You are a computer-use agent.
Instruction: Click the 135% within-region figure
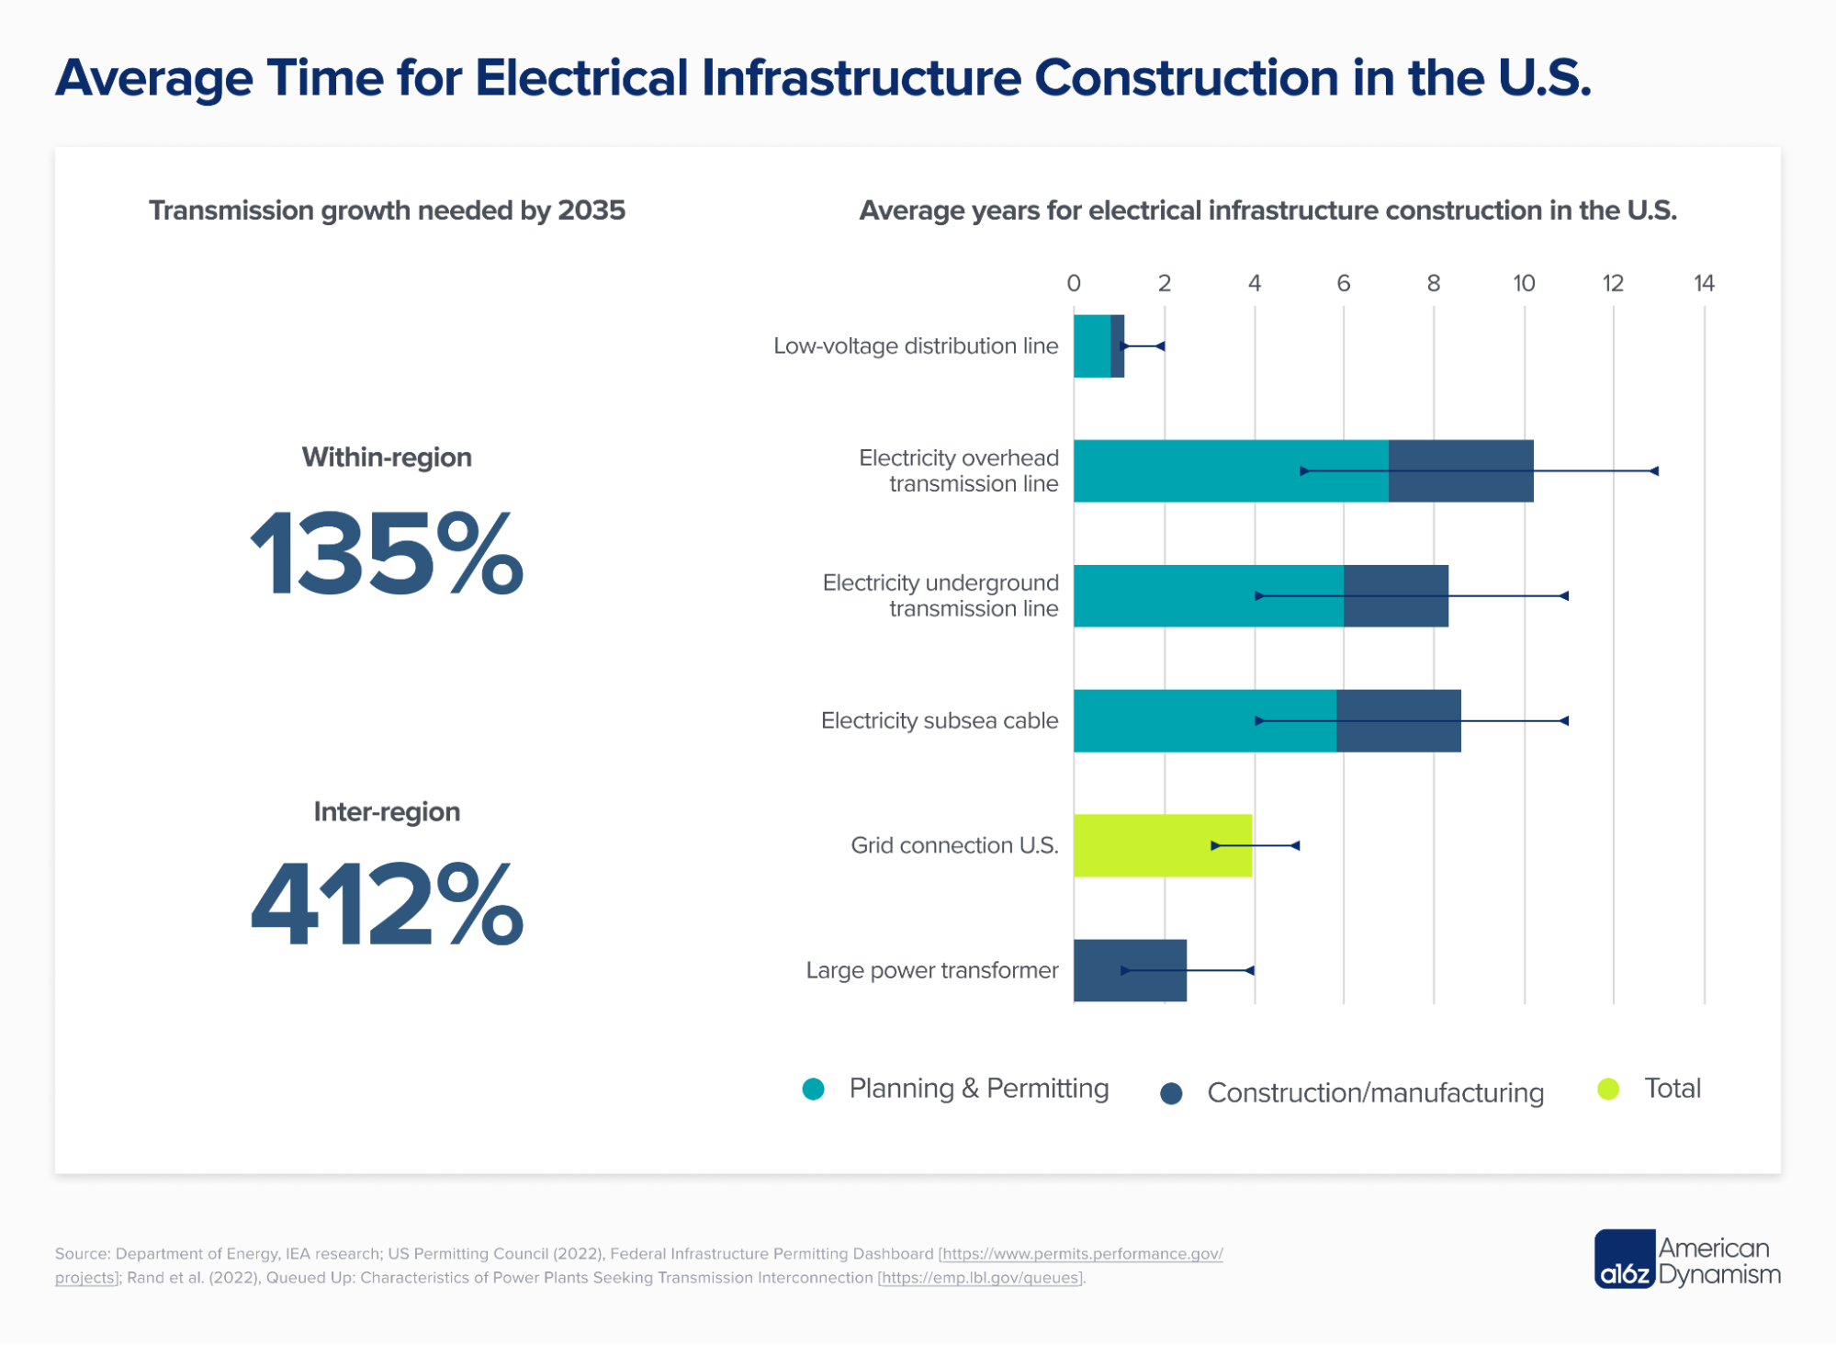387,555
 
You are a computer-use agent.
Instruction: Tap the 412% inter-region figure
387,903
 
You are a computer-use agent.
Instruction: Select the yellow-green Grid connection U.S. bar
1162,845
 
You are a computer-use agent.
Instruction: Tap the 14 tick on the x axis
1703,283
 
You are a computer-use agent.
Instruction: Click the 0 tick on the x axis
1074,283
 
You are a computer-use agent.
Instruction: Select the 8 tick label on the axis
1433,283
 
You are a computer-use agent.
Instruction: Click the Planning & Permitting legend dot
813,1089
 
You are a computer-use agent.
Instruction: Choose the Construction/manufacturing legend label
1374,1092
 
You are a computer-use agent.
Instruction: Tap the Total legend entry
1672,1089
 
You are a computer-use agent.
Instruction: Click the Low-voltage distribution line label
915,346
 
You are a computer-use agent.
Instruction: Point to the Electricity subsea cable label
939,721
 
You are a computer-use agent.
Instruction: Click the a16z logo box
1624,1260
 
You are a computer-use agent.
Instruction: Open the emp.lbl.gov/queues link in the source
980,1278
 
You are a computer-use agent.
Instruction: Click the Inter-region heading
387,812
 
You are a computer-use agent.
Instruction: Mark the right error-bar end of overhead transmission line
1654,471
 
